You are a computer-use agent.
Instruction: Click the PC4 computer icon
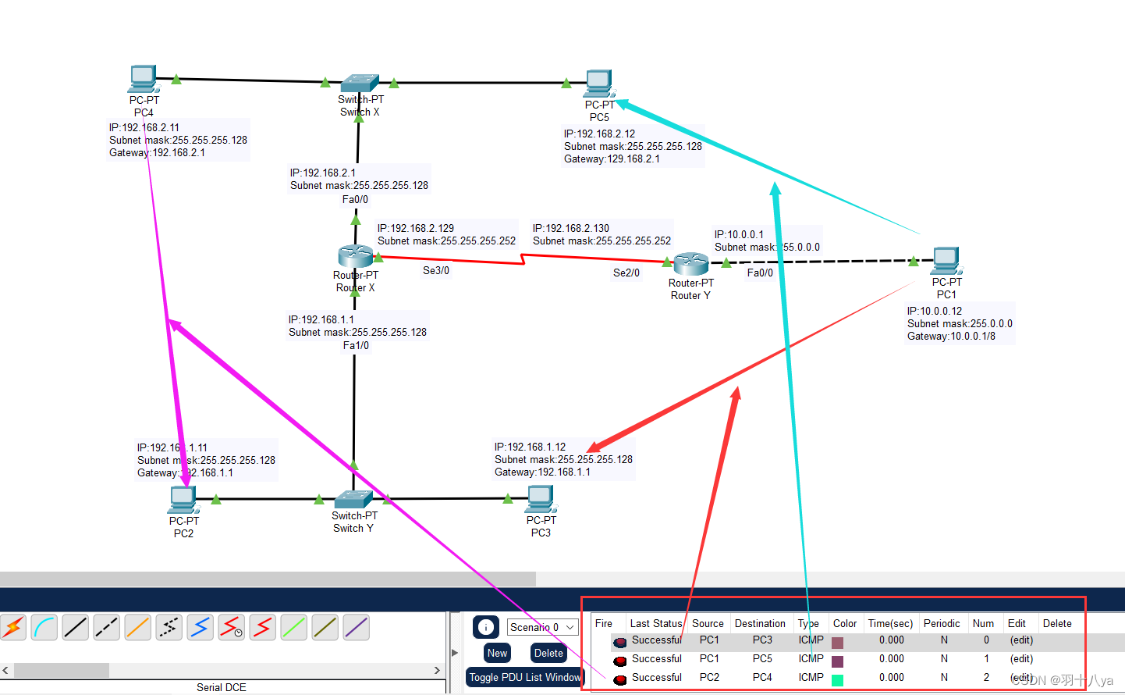143,79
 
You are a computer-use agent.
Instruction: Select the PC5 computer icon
599,84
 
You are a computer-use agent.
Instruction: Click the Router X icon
355,256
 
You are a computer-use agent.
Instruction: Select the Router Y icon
690,264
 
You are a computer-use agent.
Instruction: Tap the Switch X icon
360,83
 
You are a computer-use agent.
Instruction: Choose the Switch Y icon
353,499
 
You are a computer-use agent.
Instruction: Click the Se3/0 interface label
436,271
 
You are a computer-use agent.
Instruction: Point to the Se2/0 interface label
626,273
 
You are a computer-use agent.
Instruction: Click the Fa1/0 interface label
356,346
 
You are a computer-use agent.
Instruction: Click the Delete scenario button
548,653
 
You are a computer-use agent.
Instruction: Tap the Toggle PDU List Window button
524,677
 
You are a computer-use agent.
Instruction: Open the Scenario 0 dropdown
542,627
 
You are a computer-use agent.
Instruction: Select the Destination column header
760,623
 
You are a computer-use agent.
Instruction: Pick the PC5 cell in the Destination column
762,658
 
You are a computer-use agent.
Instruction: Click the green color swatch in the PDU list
837,679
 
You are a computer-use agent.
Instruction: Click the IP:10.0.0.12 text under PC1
934,311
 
